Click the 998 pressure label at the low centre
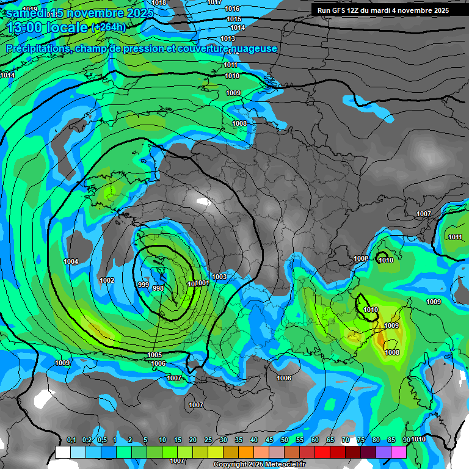click(158, 288)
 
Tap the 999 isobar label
click(144, 285)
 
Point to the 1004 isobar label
click(71, 261)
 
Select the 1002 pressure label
click(107, 280)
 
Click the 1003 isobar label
click(220, 277)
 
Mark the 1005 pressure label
click(155, 355)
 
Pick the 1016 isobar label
click(232, 9)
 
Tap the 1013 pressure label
click(228, 38)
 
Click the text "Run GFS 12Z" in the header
click(339, 10)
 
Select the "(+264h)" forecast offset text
click(108, 27)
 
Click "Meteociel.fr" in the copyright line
click(285, 465)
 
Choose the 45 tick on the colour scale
click(269, 440)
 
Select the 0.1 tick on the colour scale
click(71, 440)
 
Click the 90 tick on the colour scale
click(407, 440)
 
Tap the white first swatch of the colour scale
click(63, 452)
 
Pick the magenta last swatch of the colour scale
click(399, 452)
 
